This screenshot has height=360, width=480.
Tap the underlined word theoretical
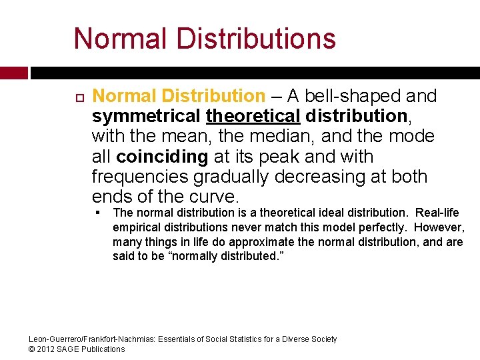pyautogui.click(x=254, y=116)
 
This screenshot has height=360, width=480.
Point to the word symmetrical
pyautogui.click(x=146, y=117)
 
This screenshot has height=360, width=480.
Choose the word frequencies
pyautogui.click(x=140, y=177)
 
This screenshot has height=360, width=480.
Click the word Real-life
pyautogui.click(x=437, y=213)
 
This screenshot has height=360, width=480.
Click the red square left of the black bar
pyautogui.click(x=14, y=73)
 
